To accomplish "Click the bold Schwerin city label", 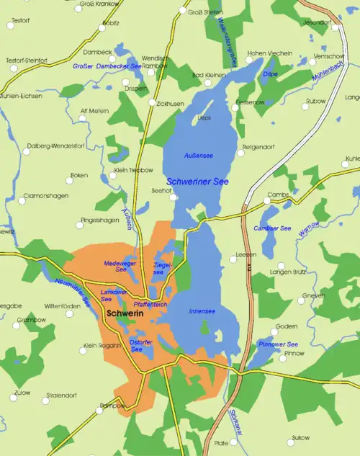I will (124, 315).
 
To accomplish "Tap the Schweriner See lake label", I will (197, 182).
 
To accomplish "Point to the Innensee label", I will (201, 311).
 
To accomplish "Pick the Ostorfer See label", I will (141, 345).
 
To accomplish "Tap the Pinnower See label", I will (278, 344).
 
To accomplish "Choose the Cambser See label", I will (272, 228).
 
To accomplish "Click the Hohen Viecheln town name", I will (269, 53).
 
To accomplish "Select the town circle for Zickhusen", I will (152, 103).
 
